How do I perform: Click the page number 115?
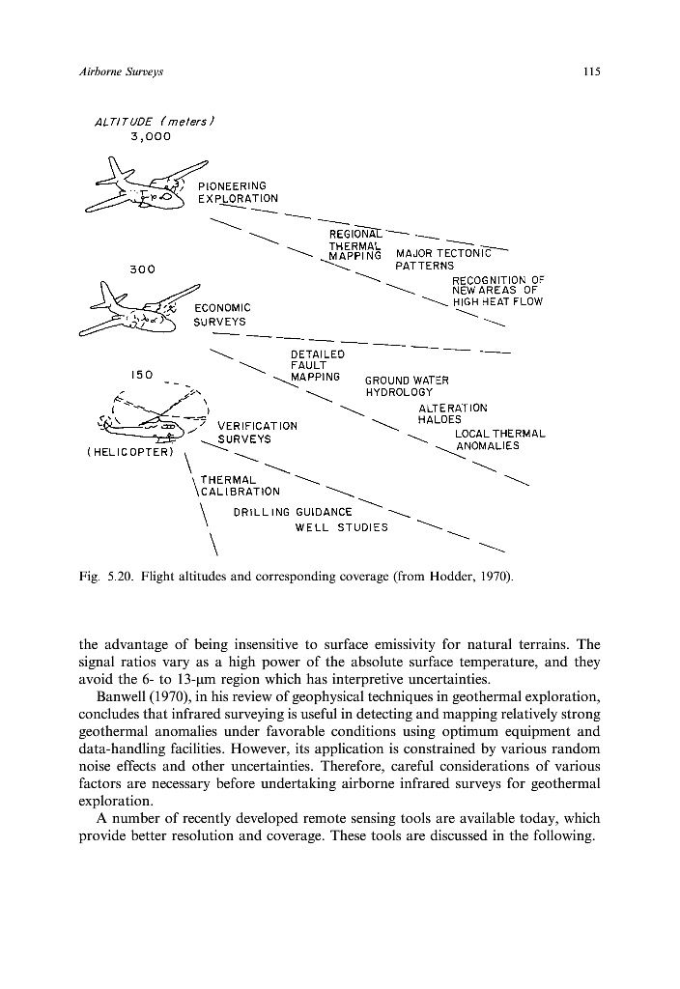pos(592,72)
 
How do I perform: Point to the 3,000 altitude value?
pos(150,136)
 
